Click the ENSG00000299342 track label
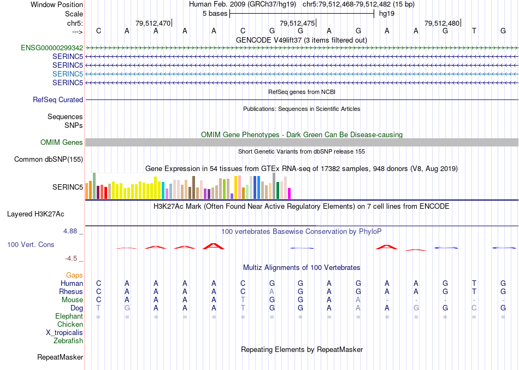(x=52, y=48)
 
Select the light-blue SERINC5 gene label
(x=68, y=74)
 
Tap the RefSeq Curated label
(x=58, y=99)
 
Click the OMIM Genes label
(x=62, y=142)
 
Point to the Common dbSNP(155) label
(x=49, y=160)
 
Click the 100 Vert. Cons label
(x=31, y=244)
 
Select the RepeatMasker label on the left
(x=60, y=357)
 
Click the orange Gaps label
(x=74, y=275)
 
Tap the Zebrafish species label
(x=68, y=340)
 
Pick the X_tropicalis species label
(x=64, y=332)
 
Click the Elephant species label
(x=69, y=316)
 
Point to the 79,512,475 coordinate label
(x=297, y=23)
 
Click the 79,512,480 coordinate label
(x=442, y=23)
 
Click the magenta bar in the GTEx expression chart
(x=290, y=193)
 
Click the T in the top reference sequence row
(x=474, y=31)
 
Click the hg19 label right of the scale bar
(x=387, y=13)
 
